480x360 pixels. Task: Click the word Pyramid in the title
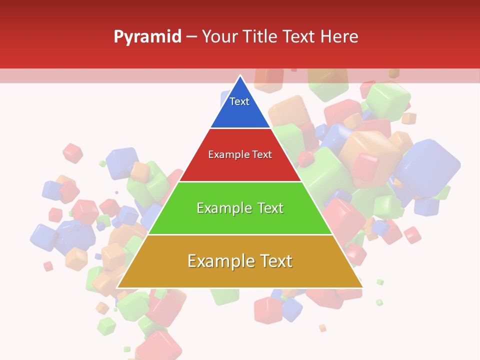click(x=147, y=37)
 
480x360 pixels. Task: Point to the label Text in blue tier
click(x=239, y=101)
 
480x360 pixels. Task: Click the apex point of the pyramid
click(x=240, y=76)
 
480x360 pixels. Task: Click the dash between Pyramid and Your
click(x=192, y=37)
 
